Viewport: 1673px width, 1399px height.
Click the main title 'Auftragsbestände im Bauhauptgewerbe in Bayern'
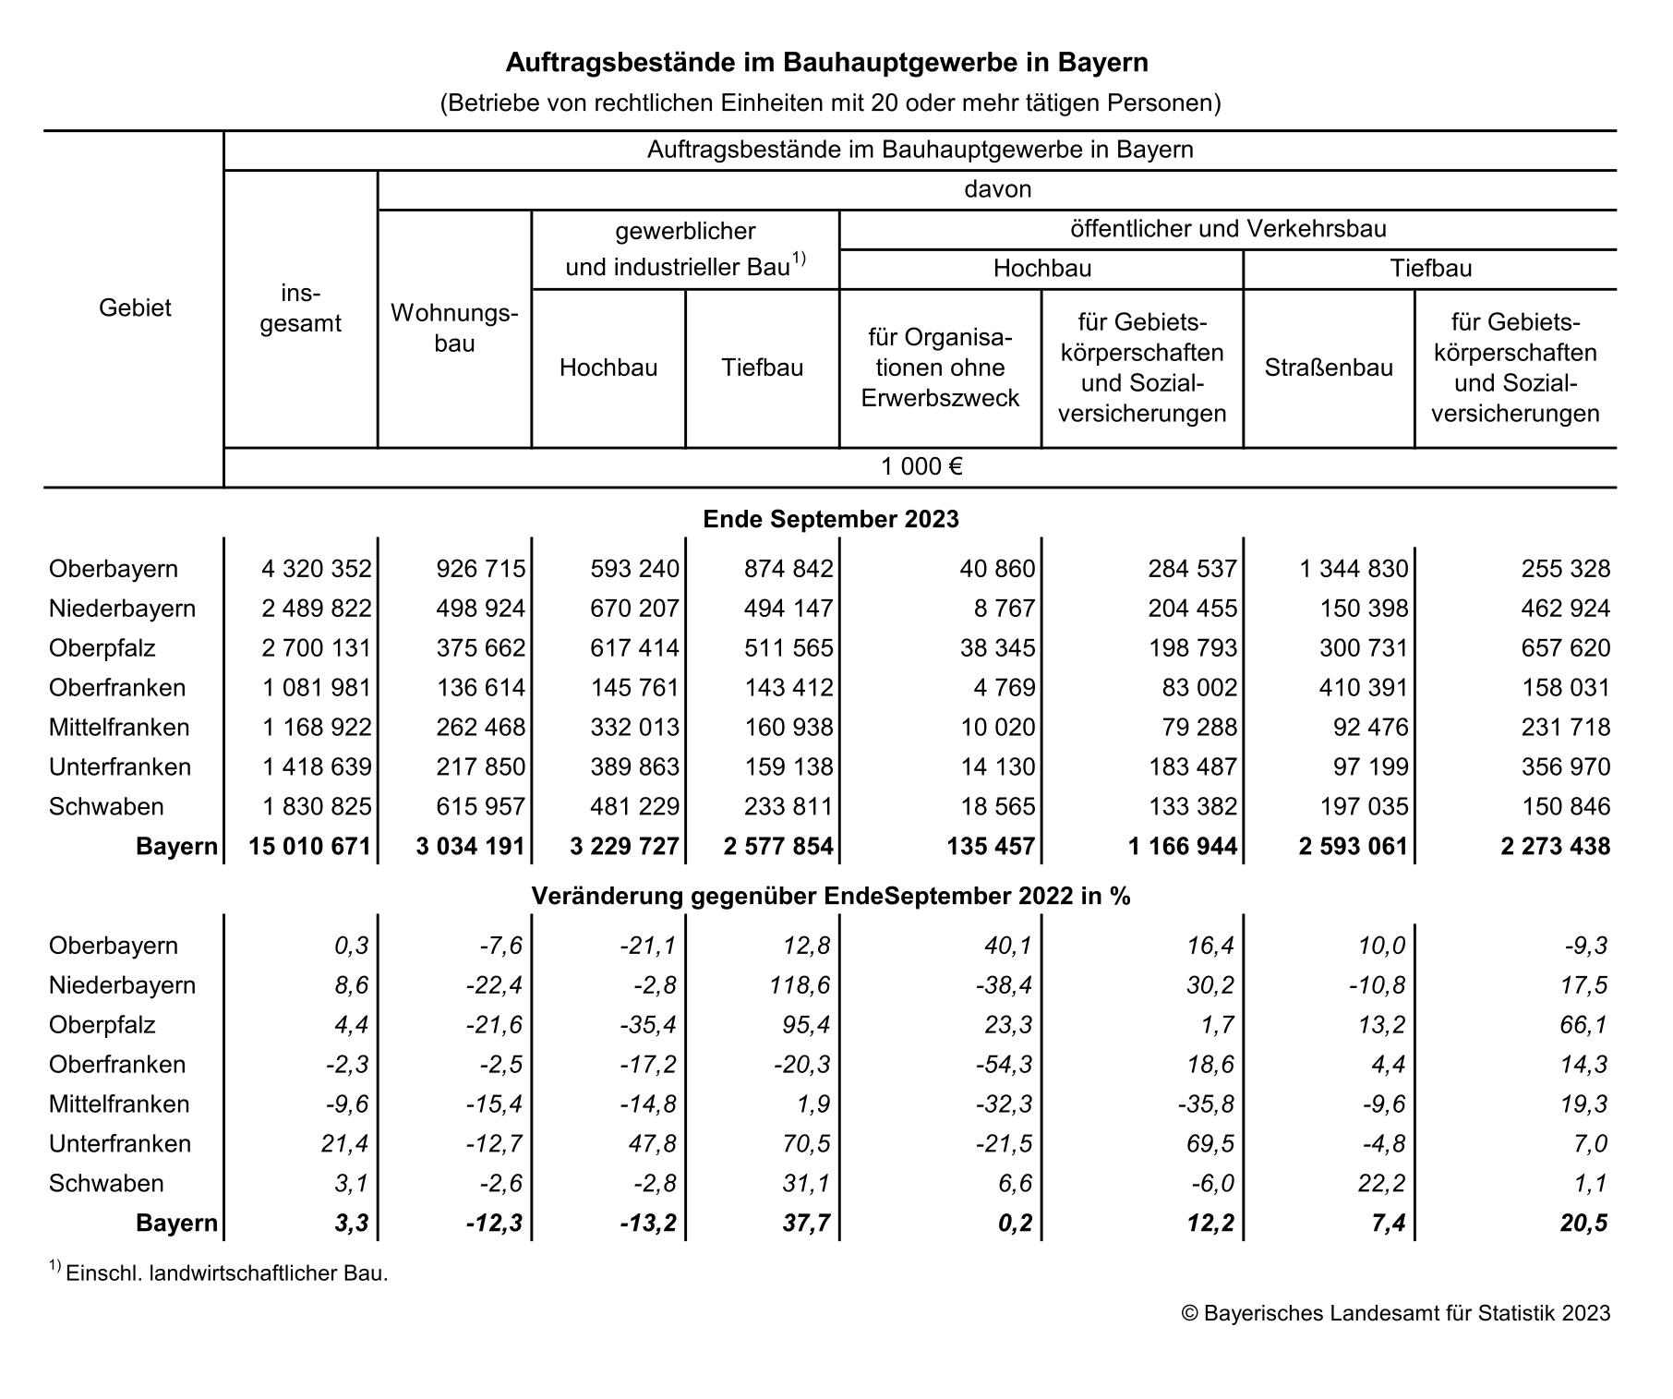pyautogui.click(x=827, y=63)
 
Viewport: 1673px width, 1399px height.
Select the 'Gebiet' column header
pyautogui.click(x=135, y=308)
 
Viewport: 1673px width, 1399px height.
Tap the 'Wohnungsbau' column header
pyautogui.click(x=454, y=328)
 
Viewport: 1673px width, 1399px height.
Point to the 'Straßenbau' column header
pyautogui.click(x=1328, y=368)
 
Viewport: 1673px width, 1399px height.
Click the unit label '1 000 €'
pyautogui.click(x=921, y=467)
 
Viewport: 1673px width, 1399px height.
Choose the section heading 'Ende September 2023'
pyautogui.click(x=830, y=519)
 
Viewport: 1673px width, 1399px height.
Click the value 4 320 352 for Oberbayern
pyautogui.click(x=316, y=569)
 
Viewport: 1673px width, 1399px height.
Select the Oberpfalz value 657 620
pyautogui.click(x=1565, y=648)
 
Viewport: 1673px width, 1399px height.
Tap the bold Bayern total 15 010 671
pyautogui.click(x=309, y=847)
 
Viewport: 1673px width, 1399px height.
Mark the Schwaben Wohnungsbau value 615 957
pyautogui.click(x=480, y=807)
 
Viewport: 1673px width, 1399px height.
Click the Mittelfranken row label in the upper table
pyautogui.click(x=119, y=728)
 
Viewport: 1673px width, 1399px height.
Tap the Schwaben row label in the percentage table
pyautogui.click(x=106, y=1184)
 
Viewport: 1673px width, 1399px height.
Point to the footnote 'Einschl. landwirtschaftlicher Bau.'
pyautogui.click(x=226, y=1274)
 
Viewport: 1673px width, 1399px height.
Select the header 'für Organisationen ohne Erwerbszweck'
pyautogui.click(x=940, y=368)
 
